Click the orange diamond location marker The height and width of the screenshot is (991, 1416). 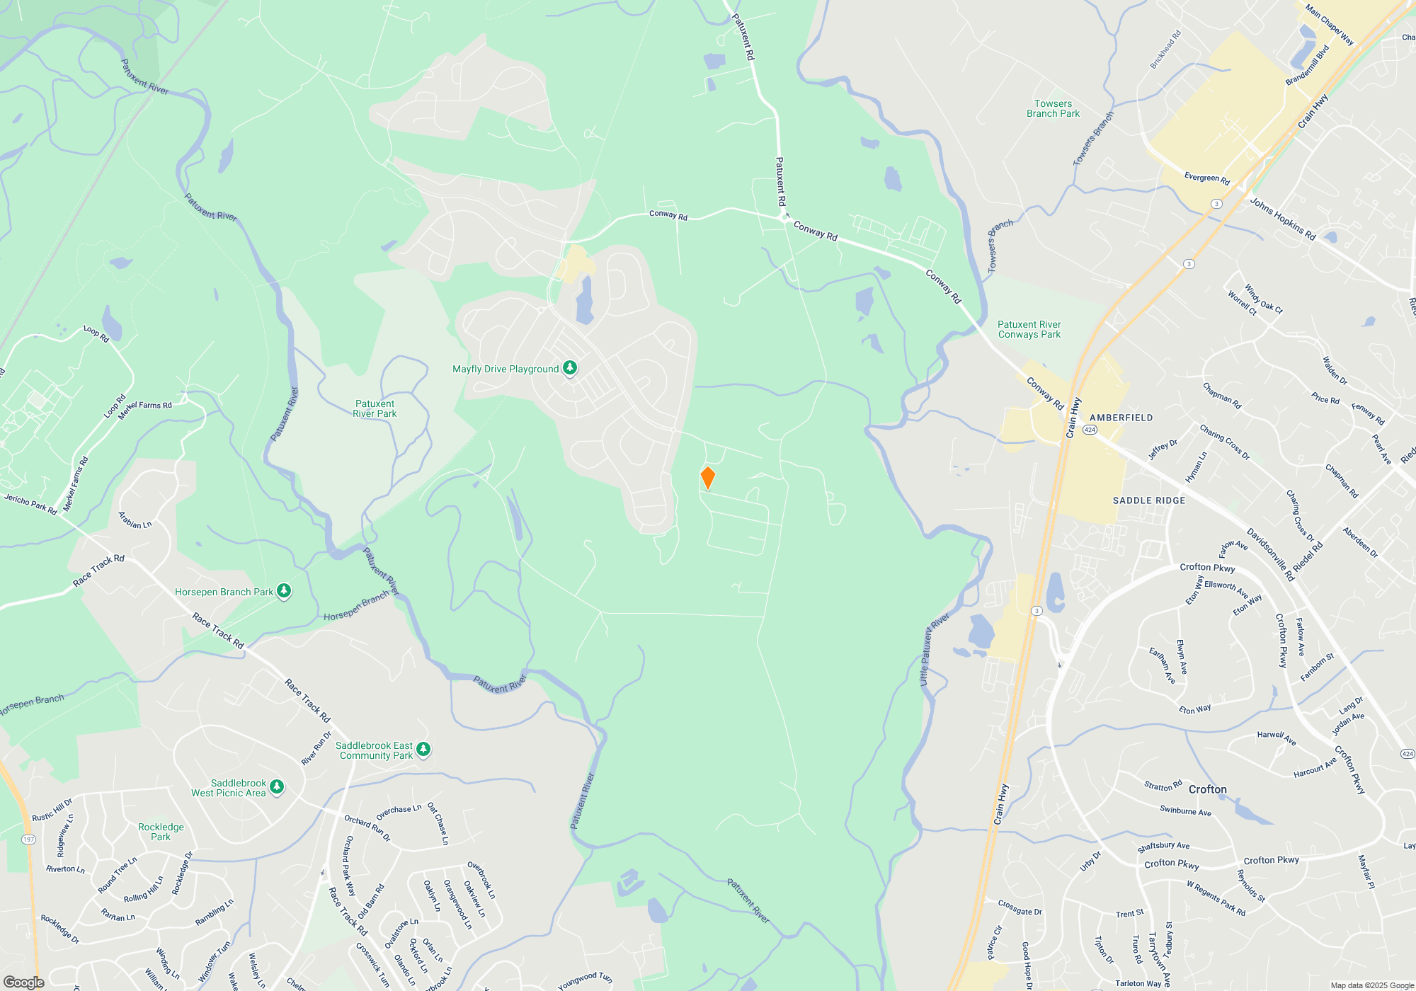pos(707,478)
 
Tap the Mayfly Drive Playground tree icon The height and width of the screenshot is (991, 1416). pos(570,368)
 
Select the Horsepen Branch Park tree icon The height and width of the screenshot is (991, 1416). pos(284,591)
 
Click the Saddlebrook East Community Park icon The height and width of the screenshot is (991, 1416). pos(423,749)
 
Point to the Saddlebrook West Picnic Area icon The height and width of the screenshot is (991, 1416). pos(277,786)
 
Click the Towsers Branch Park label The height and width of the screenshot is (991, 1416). pos(1053,108)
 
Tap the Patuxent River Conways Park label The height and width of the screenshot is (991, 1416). pos(1029,329)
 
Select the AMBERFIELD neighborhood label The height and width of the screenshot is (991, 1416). pos(1121,418)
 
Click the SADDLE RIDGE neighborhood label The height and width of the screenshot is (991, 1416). pos(1148,500)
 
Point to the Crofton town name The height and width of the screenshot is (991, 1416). pos(1207,789)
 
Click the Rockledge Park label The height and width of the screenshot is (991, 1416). pos(161,832)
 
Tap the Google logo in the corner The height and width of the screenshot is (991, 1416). pos(24,982)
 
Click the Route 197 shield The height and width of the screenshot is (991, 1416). pos(28,840)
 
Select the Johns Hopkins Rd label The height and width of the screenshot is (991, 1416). pos(1282,219)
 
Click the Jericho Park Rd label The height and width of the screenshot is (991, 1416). pos(30,504)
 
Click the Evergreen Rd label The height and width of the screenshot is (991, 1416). pos(1206,178)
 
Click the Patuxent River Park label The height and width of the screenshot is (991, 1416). pos(375,408)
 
